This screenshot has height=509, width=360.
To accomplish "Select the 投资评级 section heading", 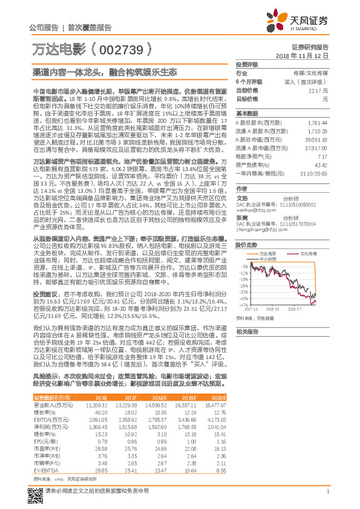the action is tap(247, 64).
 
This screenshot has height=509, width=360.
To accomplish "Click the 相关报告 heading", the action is tap(247, 332).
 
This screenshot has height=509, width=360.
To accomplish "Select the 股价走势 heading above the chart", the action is tap(247, 229).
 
